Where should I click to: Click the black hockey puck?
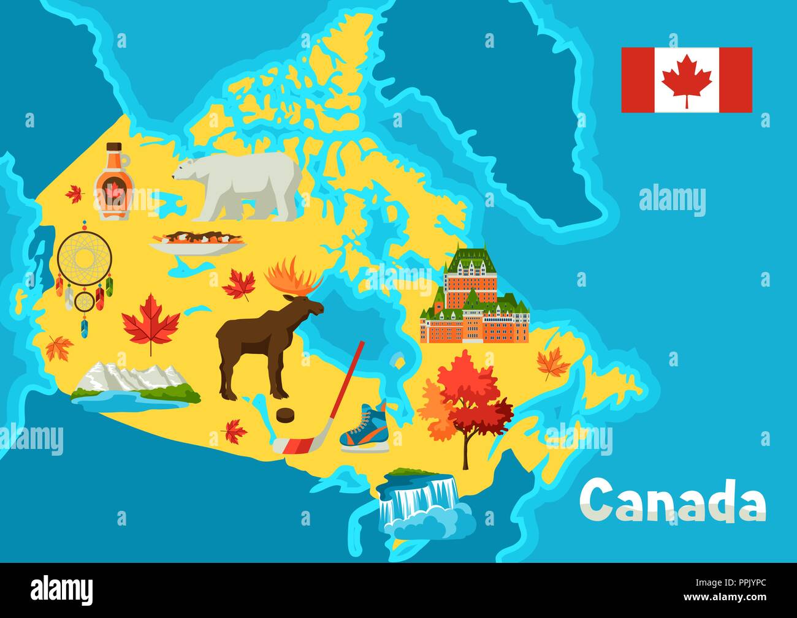tap(284, 416)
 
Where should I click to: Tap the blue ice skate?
tap(364, 426)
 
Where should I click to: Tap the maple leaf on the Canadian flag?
tap(687, 80)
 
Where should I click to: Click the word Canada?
tap(672, 499)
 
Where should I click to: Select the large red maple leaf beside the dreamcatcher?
tap(151, 322)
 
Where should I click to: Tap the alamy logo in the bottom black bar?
tap(62, 590)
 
